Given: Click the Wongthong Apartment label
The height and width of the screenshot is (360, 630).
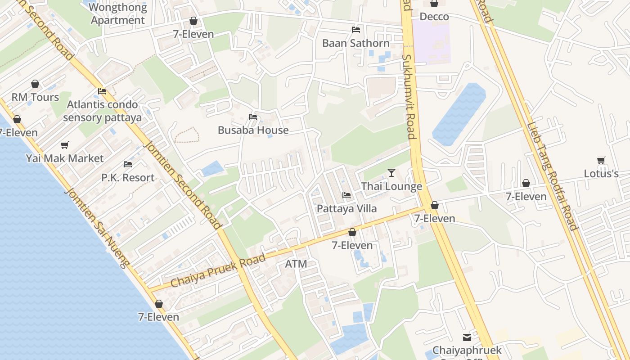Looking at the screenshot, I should (118, 14).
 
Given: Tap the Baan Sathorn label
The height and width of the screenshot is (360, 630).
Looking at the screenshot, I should (356, 43).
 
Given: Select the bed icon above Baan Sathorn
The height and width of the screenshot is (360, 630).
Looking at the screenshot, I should (356, 30).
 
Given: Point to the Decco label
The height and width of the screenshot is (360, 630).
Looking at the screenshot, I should (434, 17).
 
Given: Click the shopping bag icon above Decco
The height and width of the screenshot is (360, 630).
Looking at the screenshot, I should (434, 4).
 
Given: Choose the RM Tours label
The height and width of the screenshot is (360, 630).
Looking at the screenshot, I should (35, 97).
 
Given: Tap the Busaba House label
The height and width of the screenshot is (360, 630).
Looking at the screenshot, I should (253, 130).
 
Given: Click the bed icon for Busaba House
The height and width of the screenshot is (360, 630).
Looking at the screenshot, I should (253, 117).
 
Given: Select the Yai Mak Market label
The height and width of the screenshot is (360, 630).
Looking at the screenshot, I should (65, 158).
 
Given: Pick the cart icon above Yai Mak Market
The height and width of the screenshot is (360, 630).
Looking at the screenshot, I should (65, 145).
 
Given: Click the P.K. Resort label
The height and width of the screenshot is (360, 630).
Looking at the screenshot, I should (128, 178).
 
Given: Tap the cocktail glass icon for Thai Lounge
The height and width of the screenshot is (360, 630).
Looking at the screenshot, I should (391, 173).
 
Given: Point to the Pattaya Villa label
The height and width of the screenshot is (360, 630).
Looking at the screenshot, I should (346, 209).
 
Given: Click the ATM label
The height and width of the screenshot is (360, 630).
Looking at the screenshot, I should (296, 264).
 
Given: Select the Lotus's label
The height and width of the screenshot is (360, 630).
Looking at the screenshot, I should (601, 174).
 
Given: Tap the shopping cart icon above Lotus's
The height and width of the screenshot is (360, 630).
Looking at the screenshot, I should (601, 160).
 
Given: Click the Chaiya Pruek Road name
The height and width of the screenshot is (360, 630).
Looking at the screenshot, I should (218, 271).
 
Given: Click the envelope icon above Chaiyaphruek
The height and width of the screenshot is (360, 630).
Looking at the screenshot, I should (467, 337).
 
